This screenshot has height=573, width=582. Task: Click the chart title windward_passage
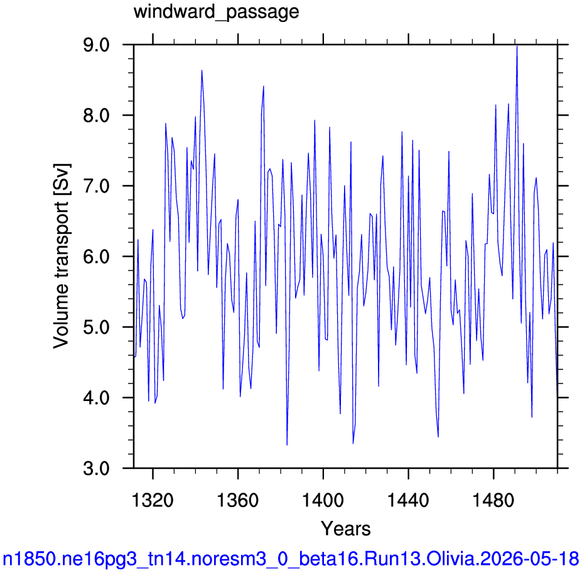pos(217,12)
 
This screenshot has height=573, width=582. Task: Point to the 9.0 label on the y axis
pos(97,45)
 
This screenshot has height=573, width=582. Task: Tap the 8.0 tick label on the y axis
pos(97,115)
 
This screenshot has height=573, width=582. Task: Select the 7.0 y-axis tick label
pos(97,186)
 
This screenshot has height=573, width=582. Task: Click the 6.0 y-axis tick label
pos(97,257)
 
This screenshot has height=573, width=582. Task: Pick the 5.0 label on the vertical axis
pos(97,328)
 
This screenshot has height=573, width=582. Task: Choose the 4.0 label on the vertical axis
pos(97,398)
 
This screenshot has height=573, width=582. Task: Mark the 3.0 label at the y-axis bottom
pos(97,468)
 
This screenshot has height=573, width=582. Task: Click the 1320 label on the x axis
pos(153,500)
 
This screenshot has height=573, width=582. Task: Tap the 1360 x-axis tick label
pos(237,500)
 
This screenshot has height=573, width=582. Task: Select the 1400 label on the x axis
pos(323,500)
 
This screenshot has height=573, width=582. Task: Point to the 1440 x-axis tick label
pos(408,500)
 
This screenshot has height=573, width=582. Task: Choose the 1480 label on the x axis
pos(493,500)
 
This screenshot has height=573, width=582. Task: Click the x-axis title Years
pos(345,528)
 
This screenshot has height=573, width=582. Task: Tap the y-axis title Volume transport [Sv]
pos(62,256)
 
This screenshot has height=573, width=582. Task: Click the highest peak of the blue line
pos(517,46)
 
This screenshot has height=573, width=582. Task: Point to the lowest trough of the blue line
pos(287,445)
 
